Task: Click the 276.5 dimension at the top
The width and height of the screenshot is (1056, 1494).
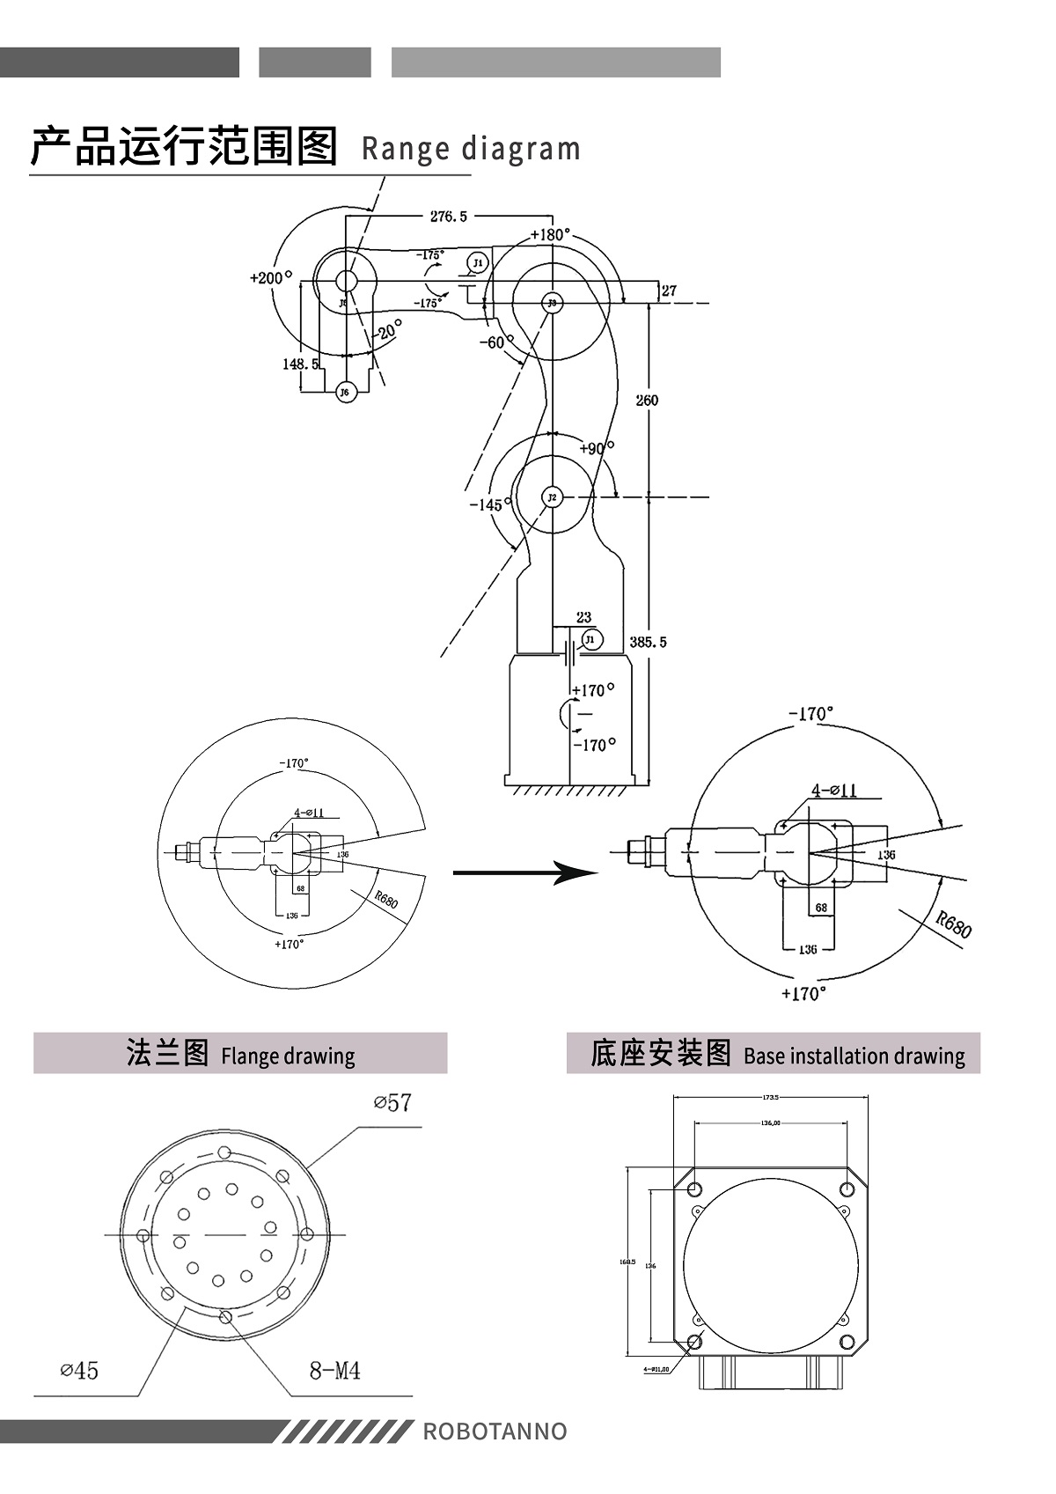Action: (449, 217)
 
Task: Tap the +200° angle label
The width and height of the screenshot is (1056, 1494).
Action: (270, 277)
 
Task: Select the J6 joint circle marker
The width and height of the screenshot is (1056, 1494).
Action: (347, 392)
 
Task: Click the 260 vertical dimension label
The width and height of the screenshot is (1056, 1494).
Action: (647, 400)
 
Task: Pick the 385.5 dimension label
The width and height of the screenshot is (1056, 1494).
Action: (649, 642)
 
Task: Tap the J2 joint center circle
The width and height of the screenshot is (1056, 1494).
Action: (552, 497)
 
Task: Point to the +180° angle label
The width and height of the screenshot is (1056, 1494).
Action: (551, 235)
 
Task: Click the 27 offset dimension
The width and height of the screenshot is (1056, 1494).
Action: (669, 291)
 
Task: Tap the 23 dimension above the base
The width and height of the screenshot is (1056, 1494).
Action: (583, 617)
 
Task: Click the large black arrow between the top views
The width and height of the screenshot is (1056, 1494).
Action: (525, 872)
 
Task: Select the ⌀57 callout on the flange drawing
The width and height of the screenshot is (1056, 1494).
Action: (392, 1103)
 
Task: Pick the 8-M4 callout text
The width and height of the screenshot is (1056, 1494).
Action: (334, 1370)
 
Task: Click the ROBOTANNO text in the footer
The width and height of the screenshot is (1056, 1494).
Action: (495, 1431)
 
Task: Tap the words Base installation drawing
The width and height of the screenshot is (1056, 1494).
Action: (854, 1056)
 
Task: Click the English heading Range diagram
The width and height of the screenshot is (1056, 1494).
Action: (471, 149)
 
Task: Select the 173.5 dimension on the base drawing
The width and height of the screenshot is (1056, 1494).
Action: (771, 1097)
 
